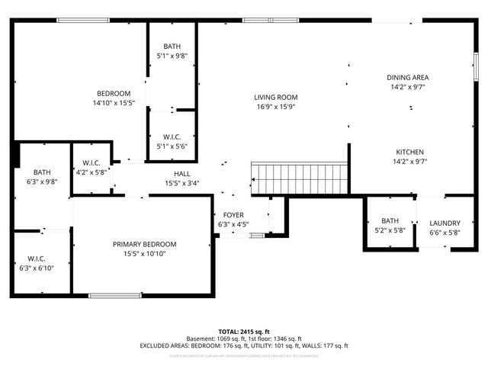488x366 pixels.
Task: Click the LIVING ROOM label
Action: point(275,97)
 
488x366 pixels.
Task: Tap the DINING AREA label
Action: point(407,77)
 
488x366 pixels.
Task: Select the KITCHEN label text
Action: point(409,152)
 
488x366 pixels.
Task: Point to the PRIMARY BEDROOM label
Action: point(144,244)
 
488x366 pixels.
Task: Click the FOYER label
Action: point(233,215)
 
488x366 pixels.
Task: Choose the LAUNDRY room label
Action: point(445,223)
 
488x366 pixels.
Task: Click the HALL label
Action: point(181,173)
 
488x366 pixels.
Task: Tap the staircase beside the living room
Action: point(299,179)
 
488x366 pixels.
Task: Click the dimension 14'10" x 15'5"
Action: point(114,103)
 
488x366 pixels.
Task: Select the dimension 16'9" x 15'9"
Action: point(275,107)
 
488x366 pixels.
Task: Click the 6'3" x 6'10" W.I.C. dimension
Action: point(37,268)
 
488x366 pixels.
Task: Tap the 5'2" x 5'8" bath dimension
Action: point(390,232)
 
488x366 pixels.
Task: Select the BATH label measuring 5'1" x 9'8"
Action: point(172,47)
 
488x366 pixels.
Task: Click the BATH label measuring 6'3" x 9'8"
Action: point(37,172)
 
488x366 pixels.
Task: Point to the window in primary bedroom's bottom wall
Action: point(114,295)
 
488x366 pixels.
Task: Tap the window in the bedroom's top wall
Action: point(82,20)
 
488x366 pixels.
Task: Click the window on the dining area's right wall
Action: point(475,69)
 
